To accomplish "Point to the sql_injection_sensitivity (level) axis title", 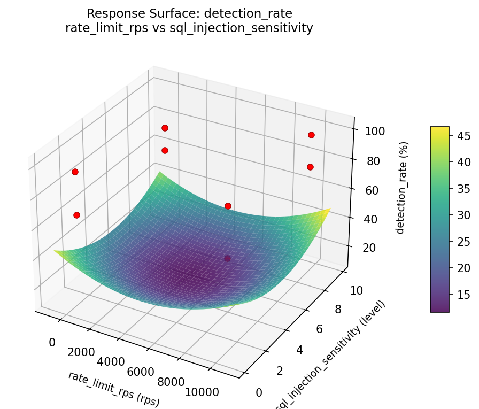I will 330,356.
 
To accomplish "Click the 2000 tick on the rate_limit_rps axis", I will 81,352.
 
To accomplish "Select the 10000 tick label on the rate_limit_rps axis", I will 201,392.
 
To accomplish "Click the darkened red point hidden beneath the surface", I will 228,259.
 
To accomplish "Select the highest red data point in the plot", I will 165,128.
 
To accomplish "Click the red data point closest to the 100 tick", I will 311,135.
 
